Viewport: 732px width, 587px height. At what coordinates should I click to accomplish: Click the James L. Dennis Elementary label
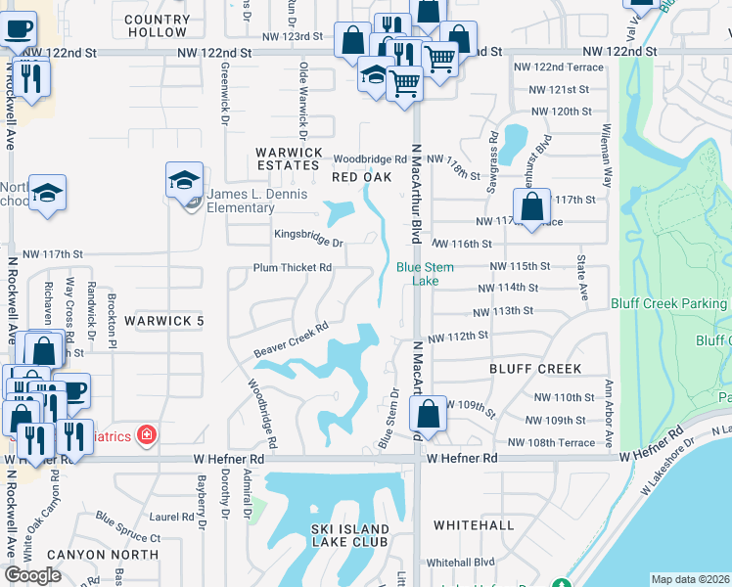[257, 200]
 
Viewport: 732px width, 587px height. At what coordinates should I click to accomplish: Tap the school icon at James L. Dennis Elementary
[184, 181]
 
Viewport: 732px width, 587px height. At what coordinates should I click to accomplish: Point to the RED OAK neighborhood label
[361, 177]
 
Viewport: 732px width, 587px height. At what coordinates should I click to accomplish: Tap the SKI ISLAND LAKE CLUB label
[349, 535]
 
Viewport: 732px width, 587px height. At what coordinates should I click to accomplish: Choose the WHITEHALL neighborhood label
[474, 525]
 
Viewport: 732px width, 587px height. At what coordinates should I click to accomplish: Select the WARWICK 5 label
[163, 321]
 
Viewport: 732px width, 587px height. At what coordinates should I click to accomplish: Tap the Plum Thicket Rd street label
[293, 267]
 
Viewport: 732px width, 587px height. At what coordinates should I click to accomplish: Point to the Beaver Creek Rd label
[290, 340]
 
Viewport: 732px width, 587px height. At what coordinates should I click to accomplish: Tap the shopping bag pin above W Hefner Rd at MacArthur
[429, 415]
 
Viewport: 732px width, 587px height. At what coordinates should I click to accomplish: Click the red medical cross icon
[147, 433]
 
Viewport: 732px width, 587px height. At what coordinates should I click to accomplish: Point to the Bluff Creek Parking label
[669, 304]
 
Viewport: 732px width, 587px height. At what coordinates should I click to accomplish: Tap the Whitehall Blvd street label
[460, 563]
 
